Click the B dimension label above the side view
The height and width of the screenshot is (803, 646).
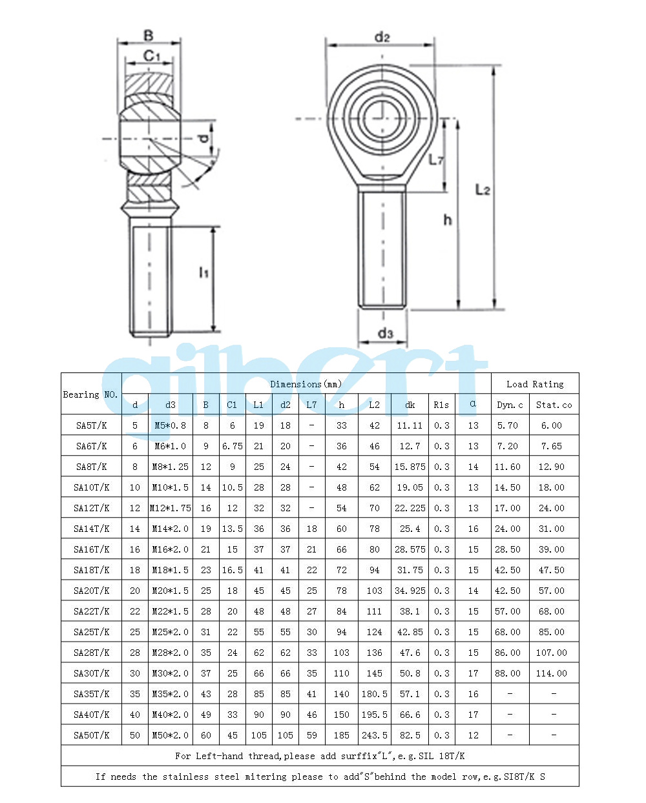(x=148, y=36)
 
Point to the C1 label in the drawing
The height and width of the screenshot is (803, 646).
(x=151, y=56)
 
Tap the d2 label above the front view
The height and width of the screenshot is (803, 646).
(x=382, y=37)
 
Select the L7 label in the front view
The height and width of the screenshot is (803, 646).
(x=435, y=159)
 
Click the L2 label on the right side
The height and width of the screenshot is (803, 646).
(x=482, y=190)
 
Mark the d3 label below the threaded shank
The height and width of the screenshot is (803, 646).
(x=385, y=332)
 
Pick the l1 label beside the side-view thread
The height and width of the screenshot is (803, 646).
(x=203, y=272)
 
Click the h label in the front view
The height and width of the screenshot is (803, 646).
(x=447, y=219)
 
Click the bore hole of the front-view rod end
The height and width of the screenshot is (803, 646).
(x=382, y=119)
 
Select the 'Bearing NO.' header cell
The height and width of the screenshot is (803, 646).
(x=90, y=394)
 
